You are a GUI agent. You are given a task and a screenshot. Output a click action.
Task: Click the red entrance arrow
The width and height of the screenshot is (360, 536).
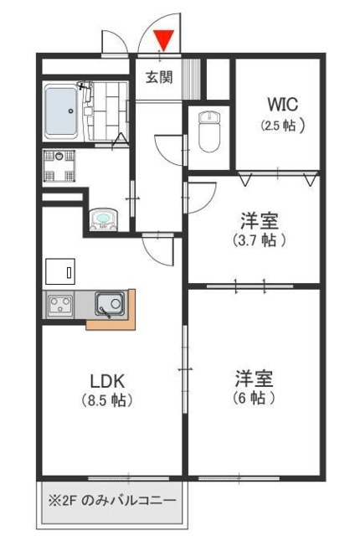click(x=164, y=38)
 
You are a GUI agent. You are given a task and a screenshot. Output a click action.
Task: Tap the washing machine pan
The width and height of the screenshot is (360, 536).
click(x=60, y=165)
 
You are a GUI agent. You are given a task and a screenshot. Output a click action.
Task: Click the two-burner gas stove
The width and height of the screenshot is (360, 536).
click(x=61, y=305)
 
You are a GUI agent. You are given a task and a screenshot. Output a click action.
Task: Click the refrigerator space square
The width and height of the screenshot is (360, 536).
click(x=60, y=272)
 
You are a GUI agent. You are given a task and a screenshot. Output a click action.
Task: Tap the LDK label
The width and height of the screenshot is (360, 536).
click(x=107, y=379)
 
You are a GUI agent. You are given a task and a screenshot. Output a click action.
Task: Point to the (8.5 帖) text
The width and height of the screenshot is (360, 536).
click(x=107, y=401)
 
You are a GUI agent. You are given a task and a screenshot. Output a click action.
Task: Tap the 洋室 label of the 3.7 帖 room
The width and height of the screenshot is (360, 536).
click(x=260, y=220)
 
